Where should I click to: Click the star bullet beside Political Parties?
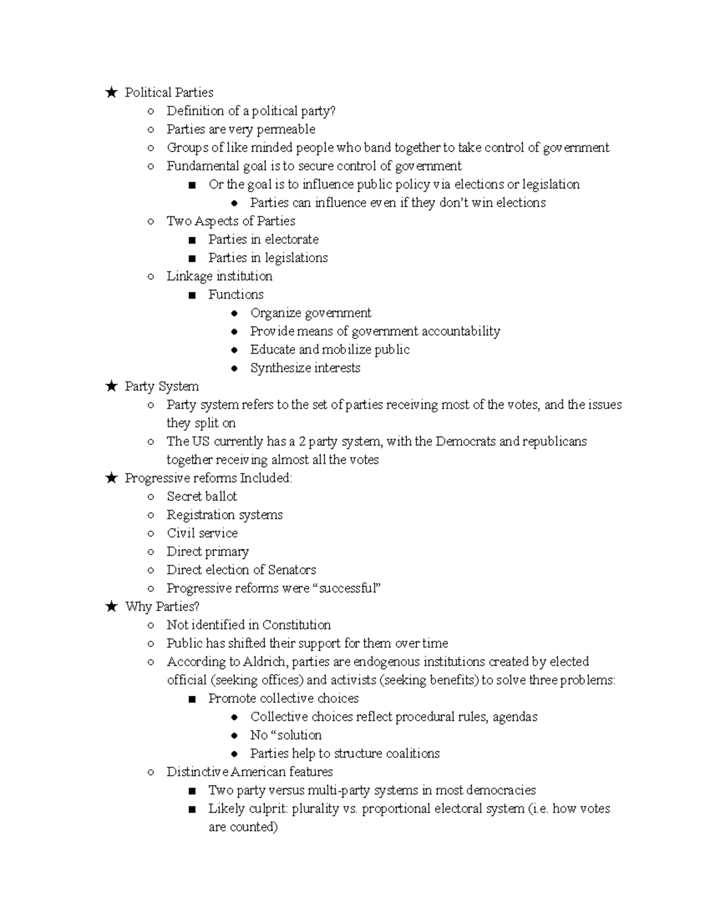[x=111, y=92]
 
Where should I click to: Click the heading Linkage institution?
[x=219, y=276]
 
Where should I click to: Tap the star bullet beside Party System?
[x=111, y=387]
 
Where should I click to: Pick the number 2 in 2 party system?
[x=302, y=442]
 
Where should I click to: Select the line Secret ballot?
[x=202, y=497]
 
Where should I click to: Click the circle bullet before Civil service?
[x=151, y=534]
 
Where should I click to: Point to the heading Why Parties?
[x=162, y=606]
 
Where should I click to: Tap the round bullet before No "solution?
[x=235, y=736]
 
